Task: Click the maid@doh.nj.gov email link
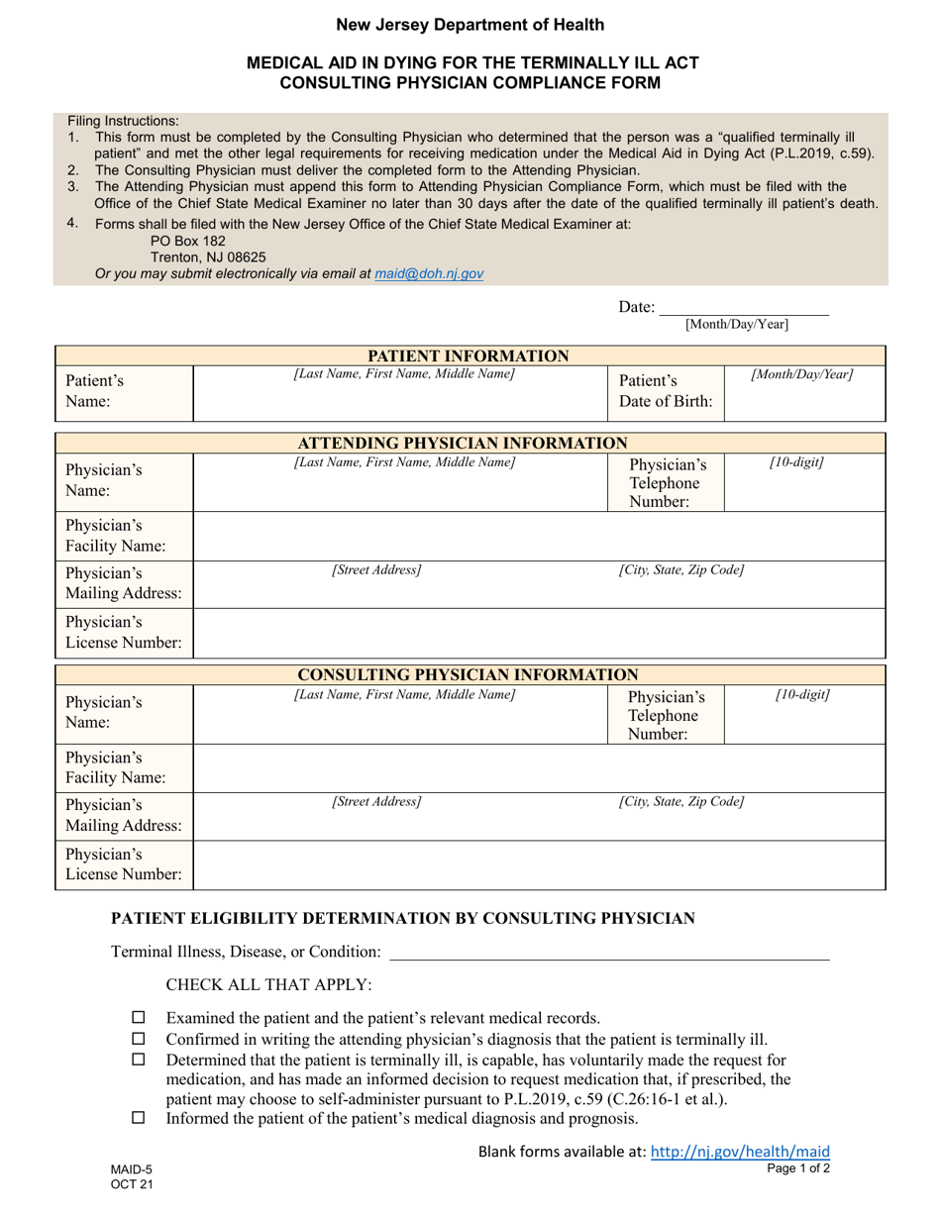coord(429,273)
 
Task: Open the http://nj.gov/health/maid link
coord(739,1152)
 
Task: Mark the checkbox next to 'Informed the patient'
coord(138,1118)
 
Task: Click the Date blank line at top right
coord(744,308)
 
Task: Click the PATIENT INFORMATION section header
coord(469,356)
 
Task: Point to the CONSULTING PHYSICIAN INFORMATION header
coord(469,675)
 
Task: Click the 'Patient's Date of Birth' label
coord(666,391)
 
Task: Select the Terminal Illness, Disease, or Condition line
coord(609,953)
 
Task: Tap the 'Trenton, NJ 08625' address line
coord(207,257)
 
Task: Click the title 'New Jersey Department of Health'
coord(470,25)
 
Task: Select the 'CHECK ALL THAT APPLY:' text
coord(268,985)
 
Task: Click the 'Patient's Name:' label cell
coord(95,391)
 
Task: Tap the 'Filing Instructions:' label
coord(124,121)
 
